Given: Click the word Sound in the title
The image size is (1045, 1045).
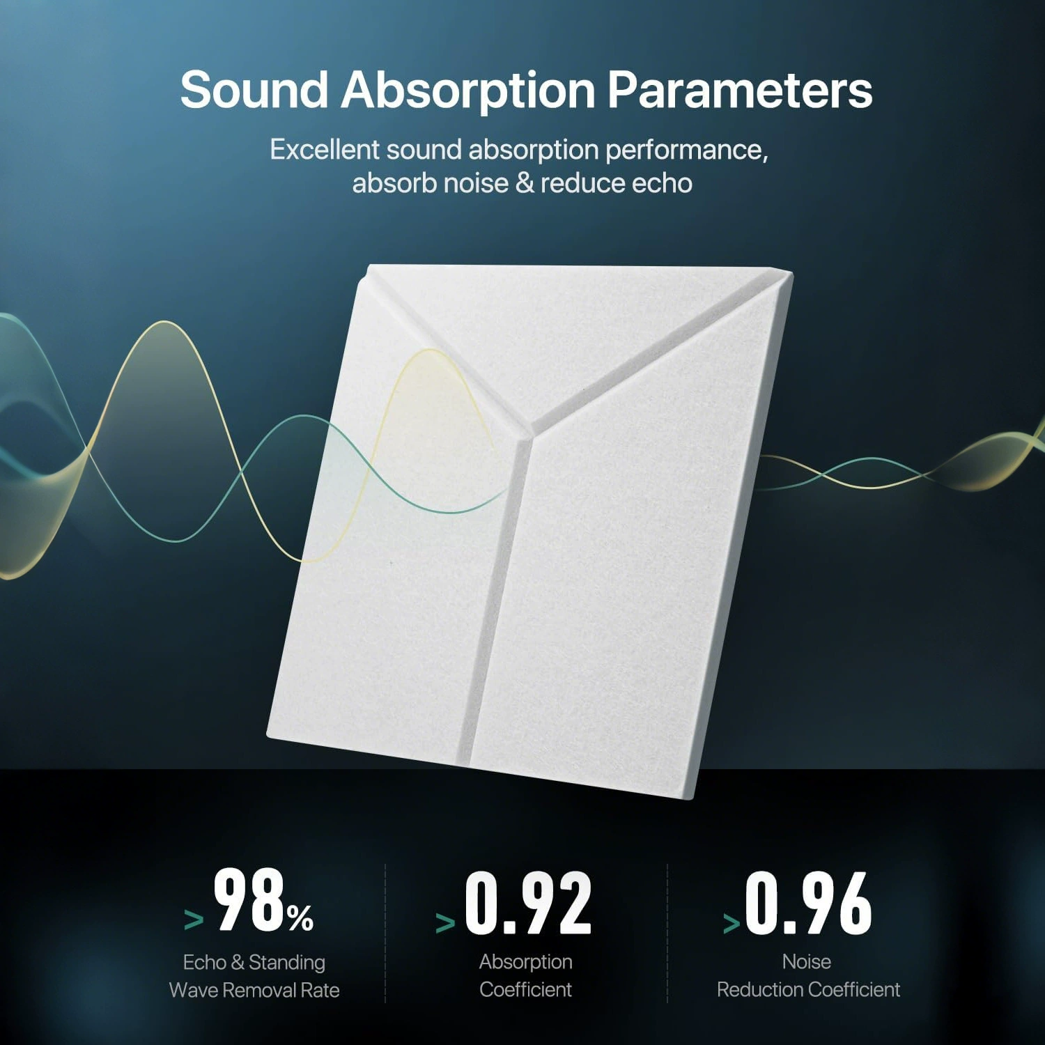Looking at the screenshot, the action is click(254, 90).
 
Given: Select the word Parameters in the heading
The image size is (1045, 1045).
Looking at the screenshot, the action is click(740, 90).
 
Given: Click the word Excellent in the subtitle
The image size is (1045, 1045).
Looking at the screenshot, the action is click(325, 150).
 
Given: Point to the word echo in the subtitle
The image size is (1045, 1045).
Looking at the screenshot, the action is click(662, 183).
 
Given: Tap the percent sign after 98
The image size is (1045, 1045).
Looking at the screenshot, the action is click(300, 918).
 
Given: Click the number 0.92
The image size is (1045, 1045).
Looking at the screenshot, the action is click(528, 903).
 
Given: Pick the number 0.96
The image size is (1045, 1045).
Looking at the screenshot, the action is click(808, 903).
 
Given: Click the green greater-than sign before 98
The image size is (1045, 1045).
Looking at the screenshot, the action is click(194, 920).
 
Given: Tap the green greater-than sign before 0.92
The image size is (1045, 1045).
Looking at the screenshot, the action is click(445, 923).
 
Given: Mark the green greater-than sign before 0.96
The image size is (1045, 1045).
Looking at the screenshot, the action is click(731, 923).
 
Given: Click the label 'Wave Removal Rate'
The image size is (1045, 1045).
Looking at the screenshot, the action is click(254, 990).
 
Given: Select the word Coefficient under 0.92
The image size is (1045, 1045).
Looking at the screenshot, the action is click(526, 989).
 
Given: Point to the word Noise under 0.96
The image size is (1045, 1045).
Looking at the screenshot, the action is click(807, 961).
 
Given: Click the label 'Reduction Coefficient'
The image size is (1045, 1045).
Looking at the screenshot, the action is click(809, 989).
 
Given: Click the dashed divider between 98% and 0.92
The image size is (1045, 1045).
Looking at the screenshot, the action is click(385, 934).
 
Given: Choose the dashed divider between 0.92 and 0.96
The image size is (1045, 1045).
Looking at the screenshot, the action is click(667, 934).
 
